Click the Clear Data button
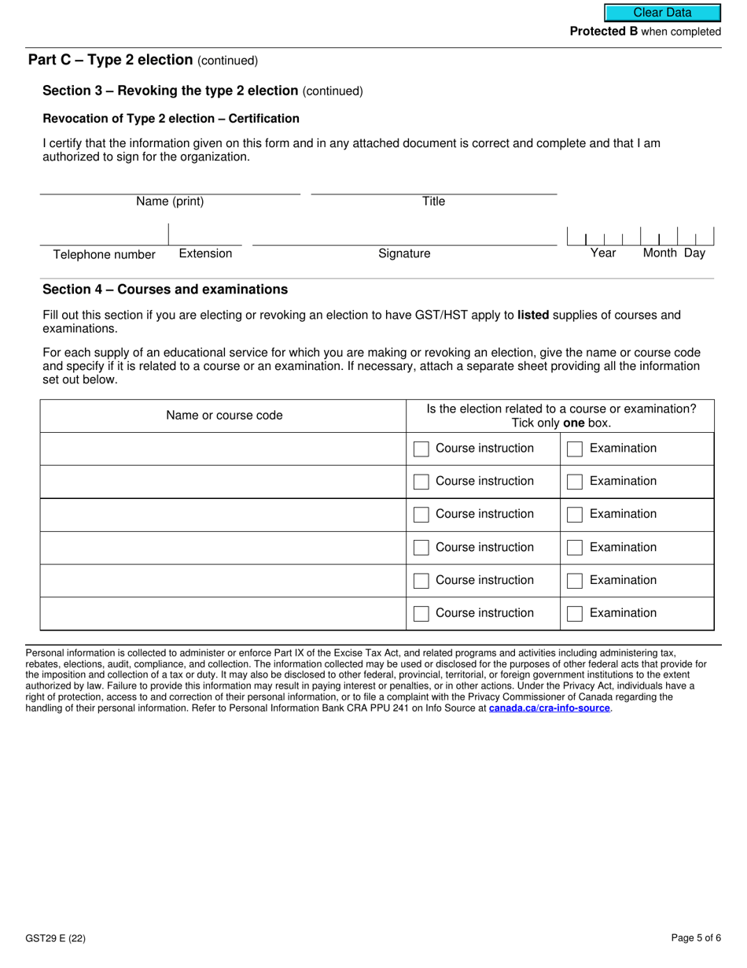pyautogui.click(x=662, y=13)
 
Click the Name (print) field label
pyautogui.click(x=170, y=201)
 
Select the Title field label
pyautogui.click(x=433, y=201)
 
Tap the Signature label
pyautogui.click(x=404, y=253)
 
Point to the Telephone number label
pyautogui.click(x=104, y=254)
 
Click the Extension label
pyautogui.click(x=205, y=253)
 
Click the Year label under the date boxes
pyautogui.click(x=603, y=253)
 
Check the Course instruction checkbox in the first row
pyautogui.click(x=421, y=449)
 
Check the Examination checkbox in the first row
pyautogui.click(x=575, y=449)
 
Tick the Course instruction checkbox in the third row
pyautogui.click(x=421, y=515)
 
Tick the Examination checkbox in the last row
pyautogui.click(x=575, y=614)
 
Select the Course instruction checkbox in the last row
pyautogui.click(x=421, y=614)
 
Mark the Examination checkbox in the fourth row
pyautogui.click(x=575, y=548)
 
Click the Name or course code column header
pyautogui.click(x=224, y=416)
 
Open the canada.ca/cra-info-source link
pyautogui.click(x=549, y=708)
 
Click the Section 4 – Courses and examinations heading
pyautogui.click(x=165, y=290)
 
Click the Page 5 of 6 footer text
pyautogui.click(x=696, y=938)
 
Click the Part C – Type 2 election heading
pyautogui.click(x=111, y=60)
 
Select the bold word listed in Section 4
pyautogui.click(x=533, y=316)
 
